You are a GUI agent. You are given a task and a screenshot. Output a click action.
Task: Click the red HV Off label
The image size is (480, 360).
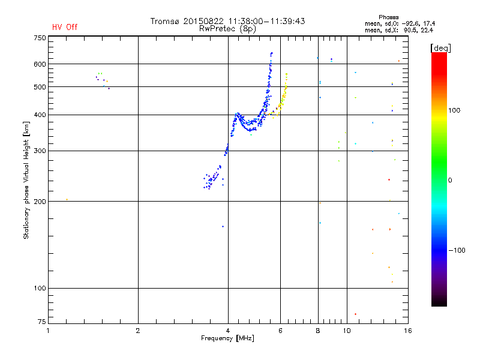point(65,27)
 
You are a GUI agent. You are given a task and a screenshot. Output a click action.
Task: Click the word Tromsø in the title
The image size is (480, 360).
point(165,21)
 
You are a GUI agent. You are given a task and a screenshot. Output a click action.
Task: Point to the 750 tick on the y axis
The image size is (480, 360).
point(40,37)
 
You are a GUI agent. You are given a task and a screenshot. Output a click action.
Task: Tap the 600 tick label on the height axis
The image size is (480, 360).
point(40,64)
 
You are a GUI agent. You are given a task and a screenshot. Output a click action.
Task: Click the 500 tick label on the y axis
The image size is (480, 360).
point(40,87)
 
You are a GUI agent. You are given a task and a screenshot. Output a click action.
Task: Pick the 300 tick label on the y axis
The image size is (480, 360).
point(40,151)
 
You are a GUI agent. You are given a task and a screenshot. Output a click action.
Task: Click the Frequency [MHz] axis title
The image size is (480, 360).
point(227,339)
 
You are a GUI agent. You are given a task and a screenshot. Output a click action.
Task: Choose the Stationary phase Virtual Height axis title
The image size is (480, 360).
point(26,180)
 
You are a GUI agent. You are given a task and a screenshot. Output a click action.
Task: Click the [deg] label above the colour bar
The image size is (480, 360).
point(440,47)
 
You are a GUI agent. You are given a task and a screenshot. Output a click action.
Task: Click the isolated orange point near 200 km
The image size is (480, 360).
point(67,199)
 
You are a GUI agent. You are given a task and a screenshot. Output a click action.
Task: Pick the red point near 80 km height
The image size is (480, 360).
point(355,314)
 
